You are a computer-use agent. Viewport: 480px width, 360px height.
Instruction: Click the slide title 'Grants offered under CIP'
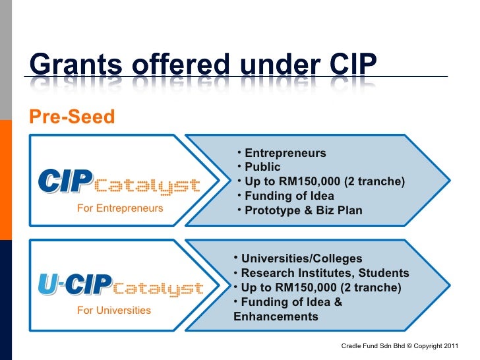click(203, 67)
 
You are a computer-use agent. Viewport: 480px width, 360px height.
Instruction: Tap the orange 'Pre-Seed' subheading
click(72, 117)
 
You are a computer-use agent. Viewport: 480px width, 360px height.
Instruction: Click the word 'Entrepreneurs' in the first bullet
click(285, 153)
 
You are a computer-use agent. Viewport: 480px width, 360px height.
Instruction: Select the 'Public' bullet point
click(262, 167)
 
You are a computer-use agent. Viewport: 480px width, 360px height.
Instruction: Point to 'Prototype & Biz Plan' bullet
click(303, 211)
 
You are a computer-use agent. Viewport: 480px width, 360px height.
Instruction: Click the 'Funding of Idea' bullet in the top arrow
click(289, 196)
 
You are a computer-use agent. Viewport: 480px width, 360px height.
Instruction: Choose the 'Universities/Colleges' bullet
click(301, 258)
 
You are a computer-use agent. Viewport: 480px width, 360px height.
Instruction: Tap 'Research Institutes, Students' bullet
click(324, 273)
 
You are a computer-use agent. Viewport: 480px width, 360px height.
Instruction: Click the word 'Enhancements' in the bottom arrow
click(276, 316)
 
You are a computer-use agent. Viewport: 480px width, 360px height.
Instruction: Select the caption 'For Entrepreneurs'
click(120, 208)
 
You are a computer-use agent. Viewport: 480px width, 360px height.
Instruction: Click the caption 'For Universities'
click(114, 310)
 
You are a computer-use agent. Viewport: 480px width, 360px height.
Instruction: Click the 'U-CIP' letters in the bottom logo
click(75, 285)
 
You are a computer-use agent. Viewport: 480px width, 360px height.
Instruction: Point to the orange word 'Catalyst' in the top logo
click(147, 186)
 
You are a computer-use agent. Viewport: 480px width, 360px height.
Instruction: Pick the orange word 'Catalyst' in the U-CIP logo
click(158, 289)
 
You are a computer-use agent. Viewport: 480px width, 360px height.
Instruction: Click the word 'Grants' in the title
click(73, 67)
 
